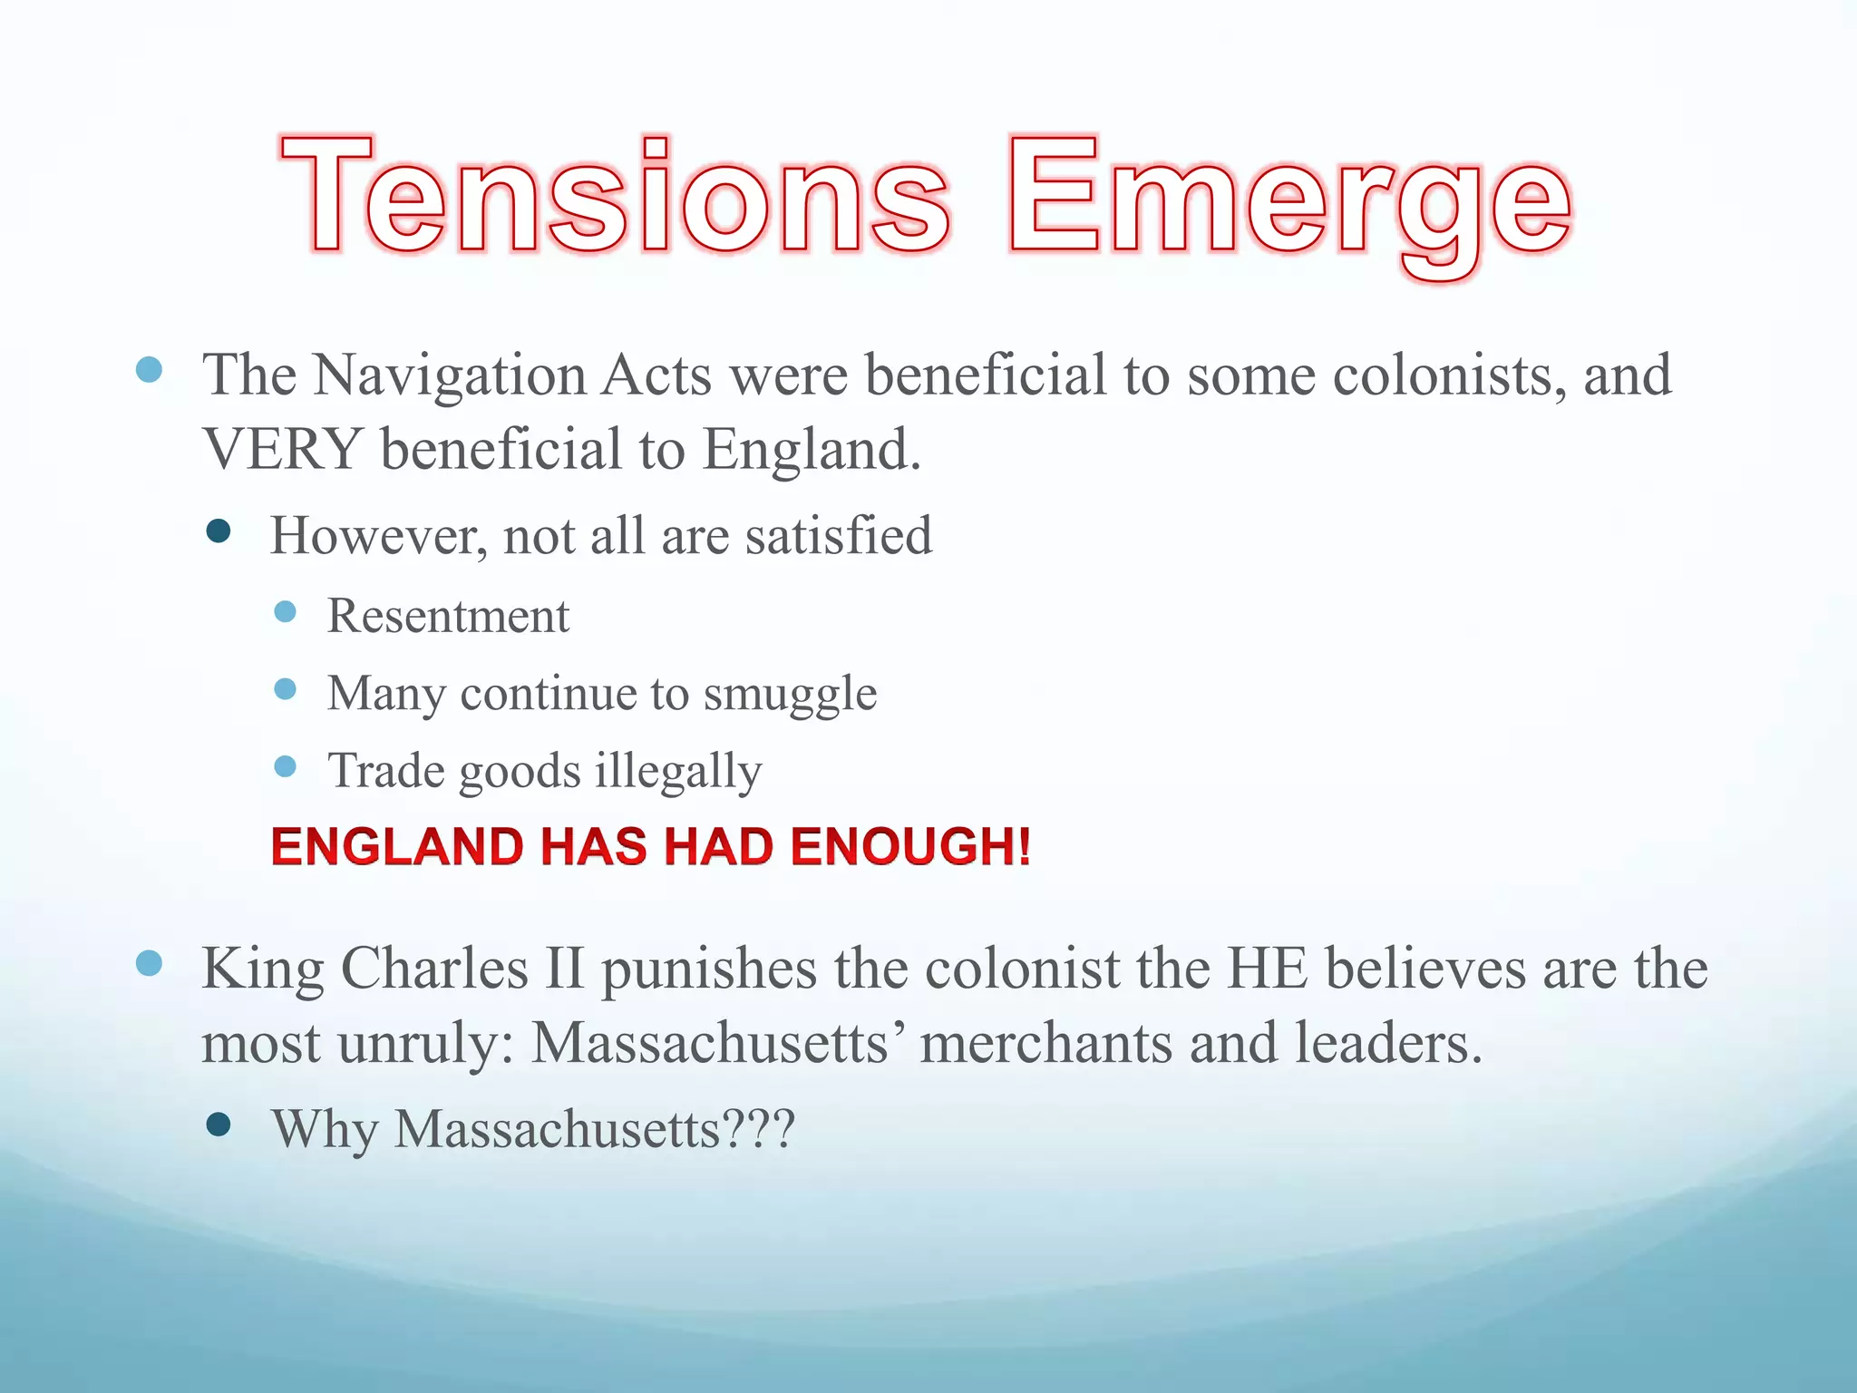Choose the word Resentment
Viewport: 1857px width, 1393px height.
(x=448, y=616)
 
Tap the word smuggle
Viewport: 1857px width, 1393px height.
(x=790, y=695)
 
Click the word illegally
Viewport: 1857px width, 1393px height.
(x=678, y=772)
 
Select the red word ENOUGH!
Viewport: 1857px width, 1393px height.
(x=910, y=847)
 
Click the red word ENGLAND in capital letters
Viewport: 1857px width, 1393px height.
(x=397, y=847)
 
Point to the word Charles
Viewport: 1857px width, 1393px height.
(x=434, y=968)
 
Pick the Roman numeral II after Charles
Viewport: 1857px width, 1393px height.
(x=564, y=968)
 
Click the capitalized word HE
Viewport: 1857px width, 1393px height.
(x=1267, y=968)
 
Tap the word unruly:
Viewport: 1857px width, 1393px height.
(x=426, y=1044)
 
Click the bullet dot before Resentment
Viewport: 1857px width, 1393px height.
(x=285, y=612)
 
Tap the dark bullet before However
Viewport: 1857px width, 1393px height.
(x=219, y=531)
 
